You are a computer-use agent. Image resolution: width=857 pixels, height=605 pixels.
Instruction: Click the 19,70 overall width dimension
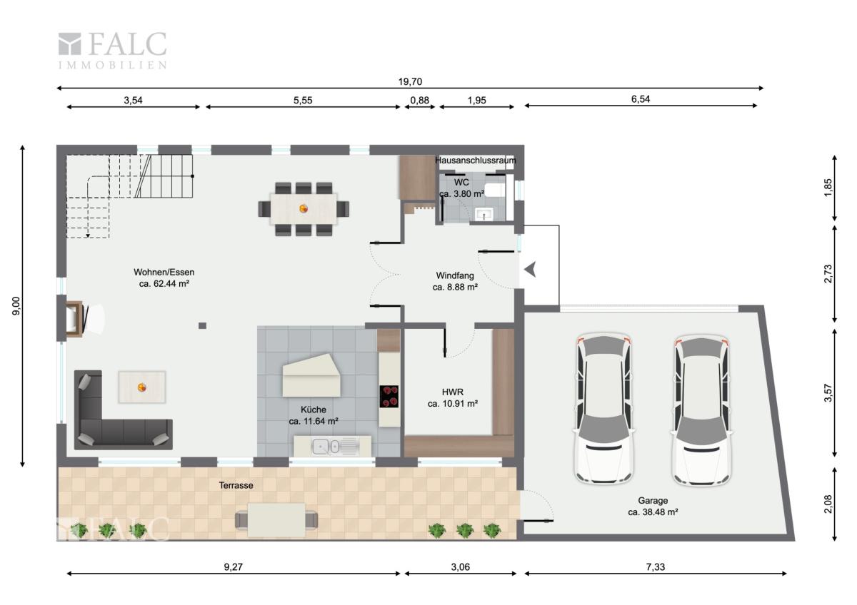click(x=410, y=81)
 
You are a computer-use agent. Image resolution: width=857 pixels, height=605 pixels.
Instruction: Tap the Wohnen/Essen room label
click(x=164, y=272)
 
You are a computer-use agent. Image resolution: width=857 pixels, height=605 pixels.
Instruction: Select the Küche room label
click(x=314, y=410)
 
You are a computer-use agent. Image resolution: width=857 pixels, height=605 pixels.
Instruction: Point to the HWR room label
click(x=453, y=392)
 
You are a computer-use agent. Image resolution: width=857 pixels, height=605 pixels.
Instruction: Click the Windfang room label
click(x=455, y=275)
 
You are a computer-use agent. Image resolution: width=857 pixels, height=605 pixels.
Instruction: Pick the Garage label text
click(x=653, y=500)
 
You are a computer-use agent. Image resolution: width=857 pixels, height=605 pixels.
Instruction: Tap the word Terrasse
click(x=236, y=485)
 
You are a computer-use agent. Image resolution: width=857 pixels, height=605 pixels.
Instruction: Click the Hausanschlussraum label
click(x=475, y=160)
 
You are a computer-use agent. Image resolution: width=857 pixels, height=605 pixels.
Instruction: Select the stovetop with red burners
click(x=389, y=397)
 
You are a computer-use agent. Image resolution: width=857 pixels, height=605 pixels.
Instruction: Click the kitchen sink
click(x=332, y=446)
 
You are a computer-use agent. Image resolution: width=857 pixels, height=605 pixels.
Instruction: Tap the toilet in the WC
click(x=496, y=190)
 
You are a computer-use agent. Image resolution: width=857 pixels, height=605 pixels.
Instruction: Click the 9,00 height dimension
click(x=16, y=306)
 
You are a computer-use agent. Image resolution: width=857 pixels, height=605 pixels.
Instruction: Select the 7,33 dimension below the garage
click(x=656, y=567)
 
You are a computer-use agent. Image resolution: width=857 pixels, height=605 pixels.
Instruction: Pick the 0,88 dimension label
click(x=420, y=100)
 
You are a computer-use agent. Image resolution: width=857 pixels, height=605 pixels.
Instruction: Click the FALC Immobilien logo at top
click(x=113, y=51)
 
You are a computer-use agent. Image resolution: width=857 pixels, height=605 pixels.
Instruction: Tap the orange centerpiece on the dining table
click(x=304, y=208)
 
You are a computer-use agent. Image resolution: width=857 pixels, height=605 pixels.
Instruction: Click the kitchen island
click(x=311, y=376)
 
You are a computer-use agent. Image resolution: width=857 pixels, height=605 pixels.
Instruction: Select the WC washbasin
click(x=484, y=214)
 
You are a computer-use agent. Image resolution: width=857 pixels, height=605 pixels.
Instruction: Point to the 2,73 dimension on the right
click(x=828, y=274)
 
